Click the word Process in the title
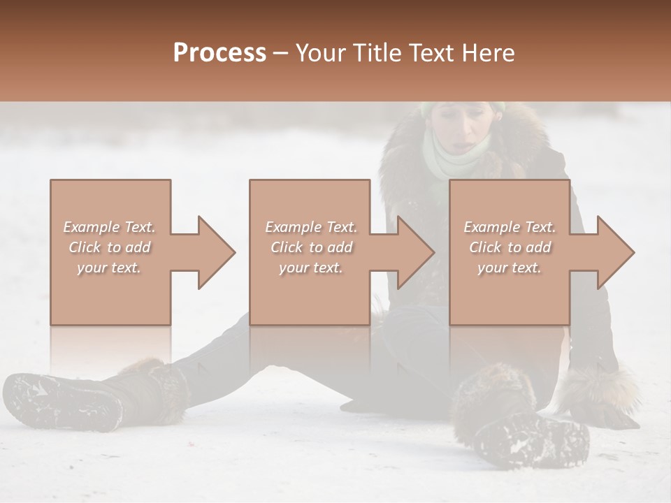click(219, 53)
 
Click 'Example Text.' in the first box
click(109, 227)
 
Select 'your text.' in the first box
click(109, 268)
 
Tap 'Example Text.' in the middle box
click(311, 227)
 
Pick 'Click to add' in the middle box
click(311, 247)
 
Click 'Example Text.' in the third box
click(510, 227)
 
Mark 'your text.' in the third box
click(510, 268)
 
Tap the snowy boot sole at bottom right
click(531, 437)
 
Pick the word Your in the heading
click(320, 53)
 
